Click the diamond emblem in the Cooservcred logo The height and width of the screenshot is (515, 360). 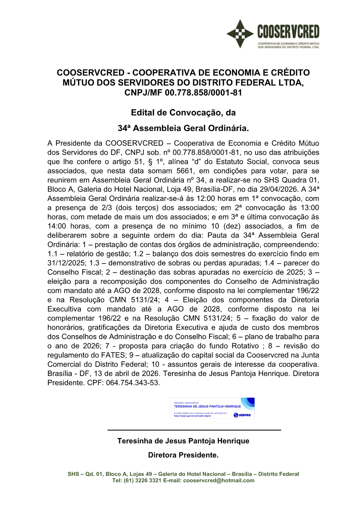click(x=240, y=34)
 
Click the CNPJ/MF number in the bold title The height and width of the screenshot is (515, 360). click(x=203, y=93)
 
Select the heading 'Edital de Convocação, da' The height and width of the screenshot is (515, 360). click(x=183, y=113)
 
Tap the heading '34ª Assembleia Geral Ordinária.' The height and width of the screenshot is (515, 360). click(x=183, y=128)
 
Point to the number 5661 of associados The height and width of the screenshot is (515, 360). click(x=185, y=171)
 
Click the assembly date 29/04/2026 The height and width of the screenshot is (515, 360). click(x=280, y=190)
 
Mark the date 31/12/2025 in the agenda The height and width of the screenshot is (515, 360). click(x=66, y=263)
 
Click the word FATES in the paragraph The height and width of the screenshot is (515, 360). click(x=113, y=355)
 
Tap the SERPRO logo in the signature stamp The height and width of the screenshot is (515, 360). click(x=242, y=415)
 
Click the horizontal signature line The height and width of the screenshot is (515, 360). click(x=194, y=430)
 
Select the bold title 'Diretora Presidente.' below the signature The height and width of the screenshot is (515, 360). click(x=183, y=455)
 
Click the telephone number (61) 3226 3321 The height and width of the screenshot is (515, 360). click(x=142, y=481)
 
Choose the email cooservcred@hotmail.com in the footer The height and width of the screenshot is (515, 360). click(x=218, y=481)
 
